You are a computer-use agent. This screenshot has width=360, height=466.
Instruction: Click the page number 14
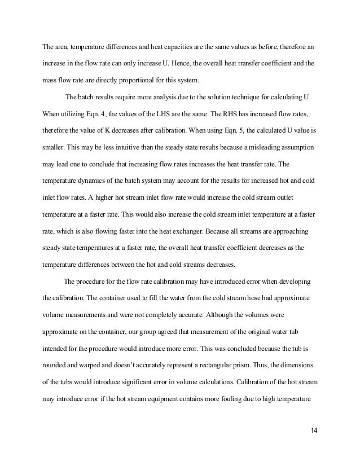pos(314,431)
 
